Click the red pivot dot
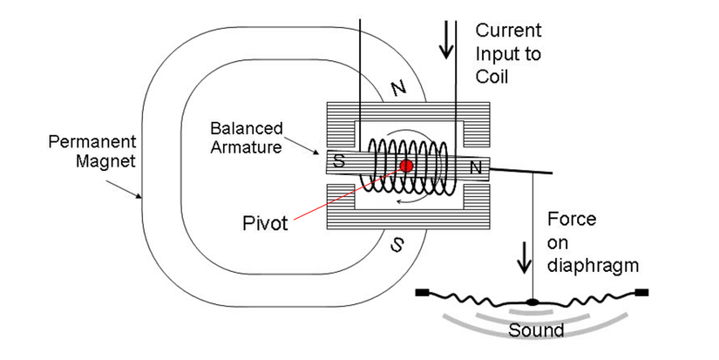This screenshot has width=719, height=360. pos(406,166)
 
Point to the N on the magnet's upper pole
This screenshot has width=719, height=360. pos(398,87)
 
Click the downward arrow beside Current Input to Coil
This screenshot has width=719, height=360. pos(447,40)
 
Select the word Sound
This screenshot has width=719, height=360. pos(536,330)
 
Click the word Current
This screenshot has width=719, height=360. pos(508,31)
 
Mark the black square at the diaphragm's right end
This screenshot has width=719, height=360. pos(643,292)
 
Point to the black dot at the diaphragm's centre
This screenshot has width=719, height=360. pos(532,303)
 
